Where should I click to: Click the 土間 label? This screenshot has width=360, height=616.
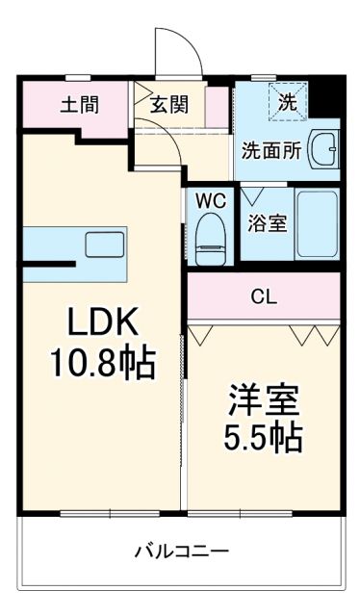coord(79,105)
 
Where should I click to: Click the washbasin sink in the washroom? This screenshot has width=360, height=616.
coord(324,151)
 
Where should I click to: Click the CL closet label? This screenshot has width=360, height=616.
coord(264,297)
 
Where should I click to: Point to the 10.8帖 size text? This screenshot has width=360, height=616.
coord(103,364)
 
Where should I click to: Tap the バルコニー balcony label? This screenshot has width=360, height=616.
coord(181,552)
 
